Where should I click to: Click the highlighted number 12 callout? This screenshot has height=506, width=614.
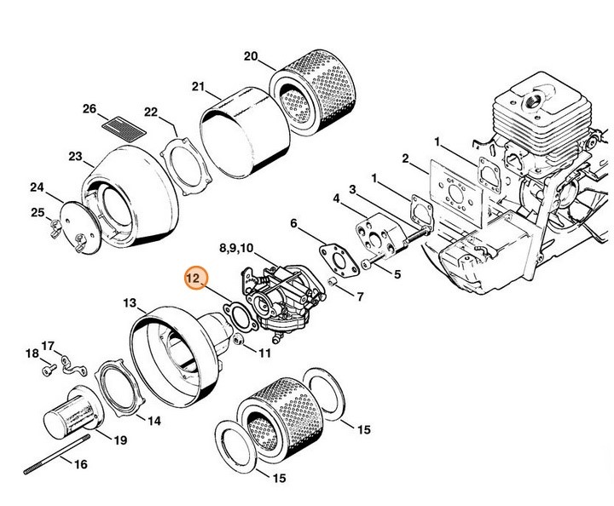194,278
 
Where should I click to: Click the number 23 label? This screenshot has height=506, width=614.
75,156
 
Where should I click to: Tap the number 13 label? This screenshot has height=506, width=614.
130,302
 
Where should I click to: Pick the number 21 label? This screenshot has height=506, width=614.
199,87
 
